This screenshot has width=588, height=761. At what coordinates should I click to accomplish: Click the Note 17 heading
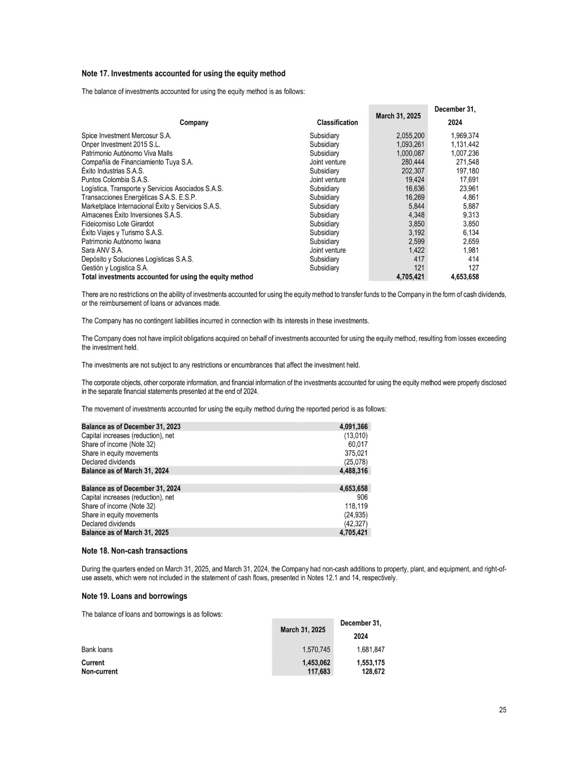[x=183, y=74]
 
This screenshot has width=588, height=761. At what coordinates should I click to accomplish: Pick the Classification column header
[x=337, y=122]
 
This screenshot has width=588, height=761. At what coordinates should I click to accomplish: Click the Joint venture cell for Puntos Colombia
[x=327, y=180]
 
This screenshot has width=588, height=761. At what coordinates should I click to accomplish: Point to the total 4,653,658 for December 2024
[x=464, y=277]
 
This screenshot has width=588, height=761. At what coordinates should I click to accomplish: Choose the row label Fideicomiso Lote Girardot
[x=117, y=224]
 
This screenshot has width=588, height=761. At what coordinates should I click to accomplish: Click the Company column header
[x=194, y=122]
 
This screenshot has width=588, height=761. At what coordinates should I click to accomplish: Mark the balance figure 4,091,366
[x=353, y=427]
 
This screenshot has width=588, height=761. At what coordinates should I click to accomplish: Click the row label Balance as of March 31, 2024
[x=125, y=471]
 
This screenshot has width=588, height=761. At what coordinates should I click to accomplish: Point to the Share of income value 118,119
[x=356, y=506]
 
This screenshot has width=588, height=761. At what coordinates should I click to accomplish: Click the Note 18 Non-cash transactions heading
[x=134, y=551]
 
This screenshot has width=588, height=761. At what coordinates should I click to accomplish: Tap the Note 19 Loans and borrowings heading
[x=134, y=596]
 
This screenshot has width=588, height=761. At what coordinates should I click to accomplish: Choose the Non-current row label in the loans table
[x=99, y=671]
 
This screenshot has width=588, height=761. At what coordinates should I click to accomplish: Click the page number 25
[x=502, y=710]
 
